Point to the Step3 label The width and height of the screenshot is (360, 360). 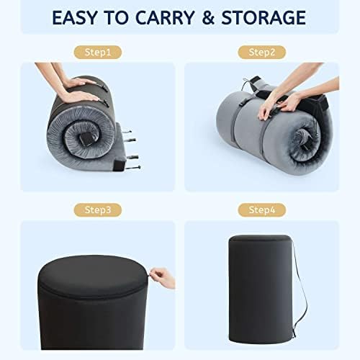click(96, 210)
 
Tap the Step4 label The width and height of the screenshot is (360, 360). click(262, 210)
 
